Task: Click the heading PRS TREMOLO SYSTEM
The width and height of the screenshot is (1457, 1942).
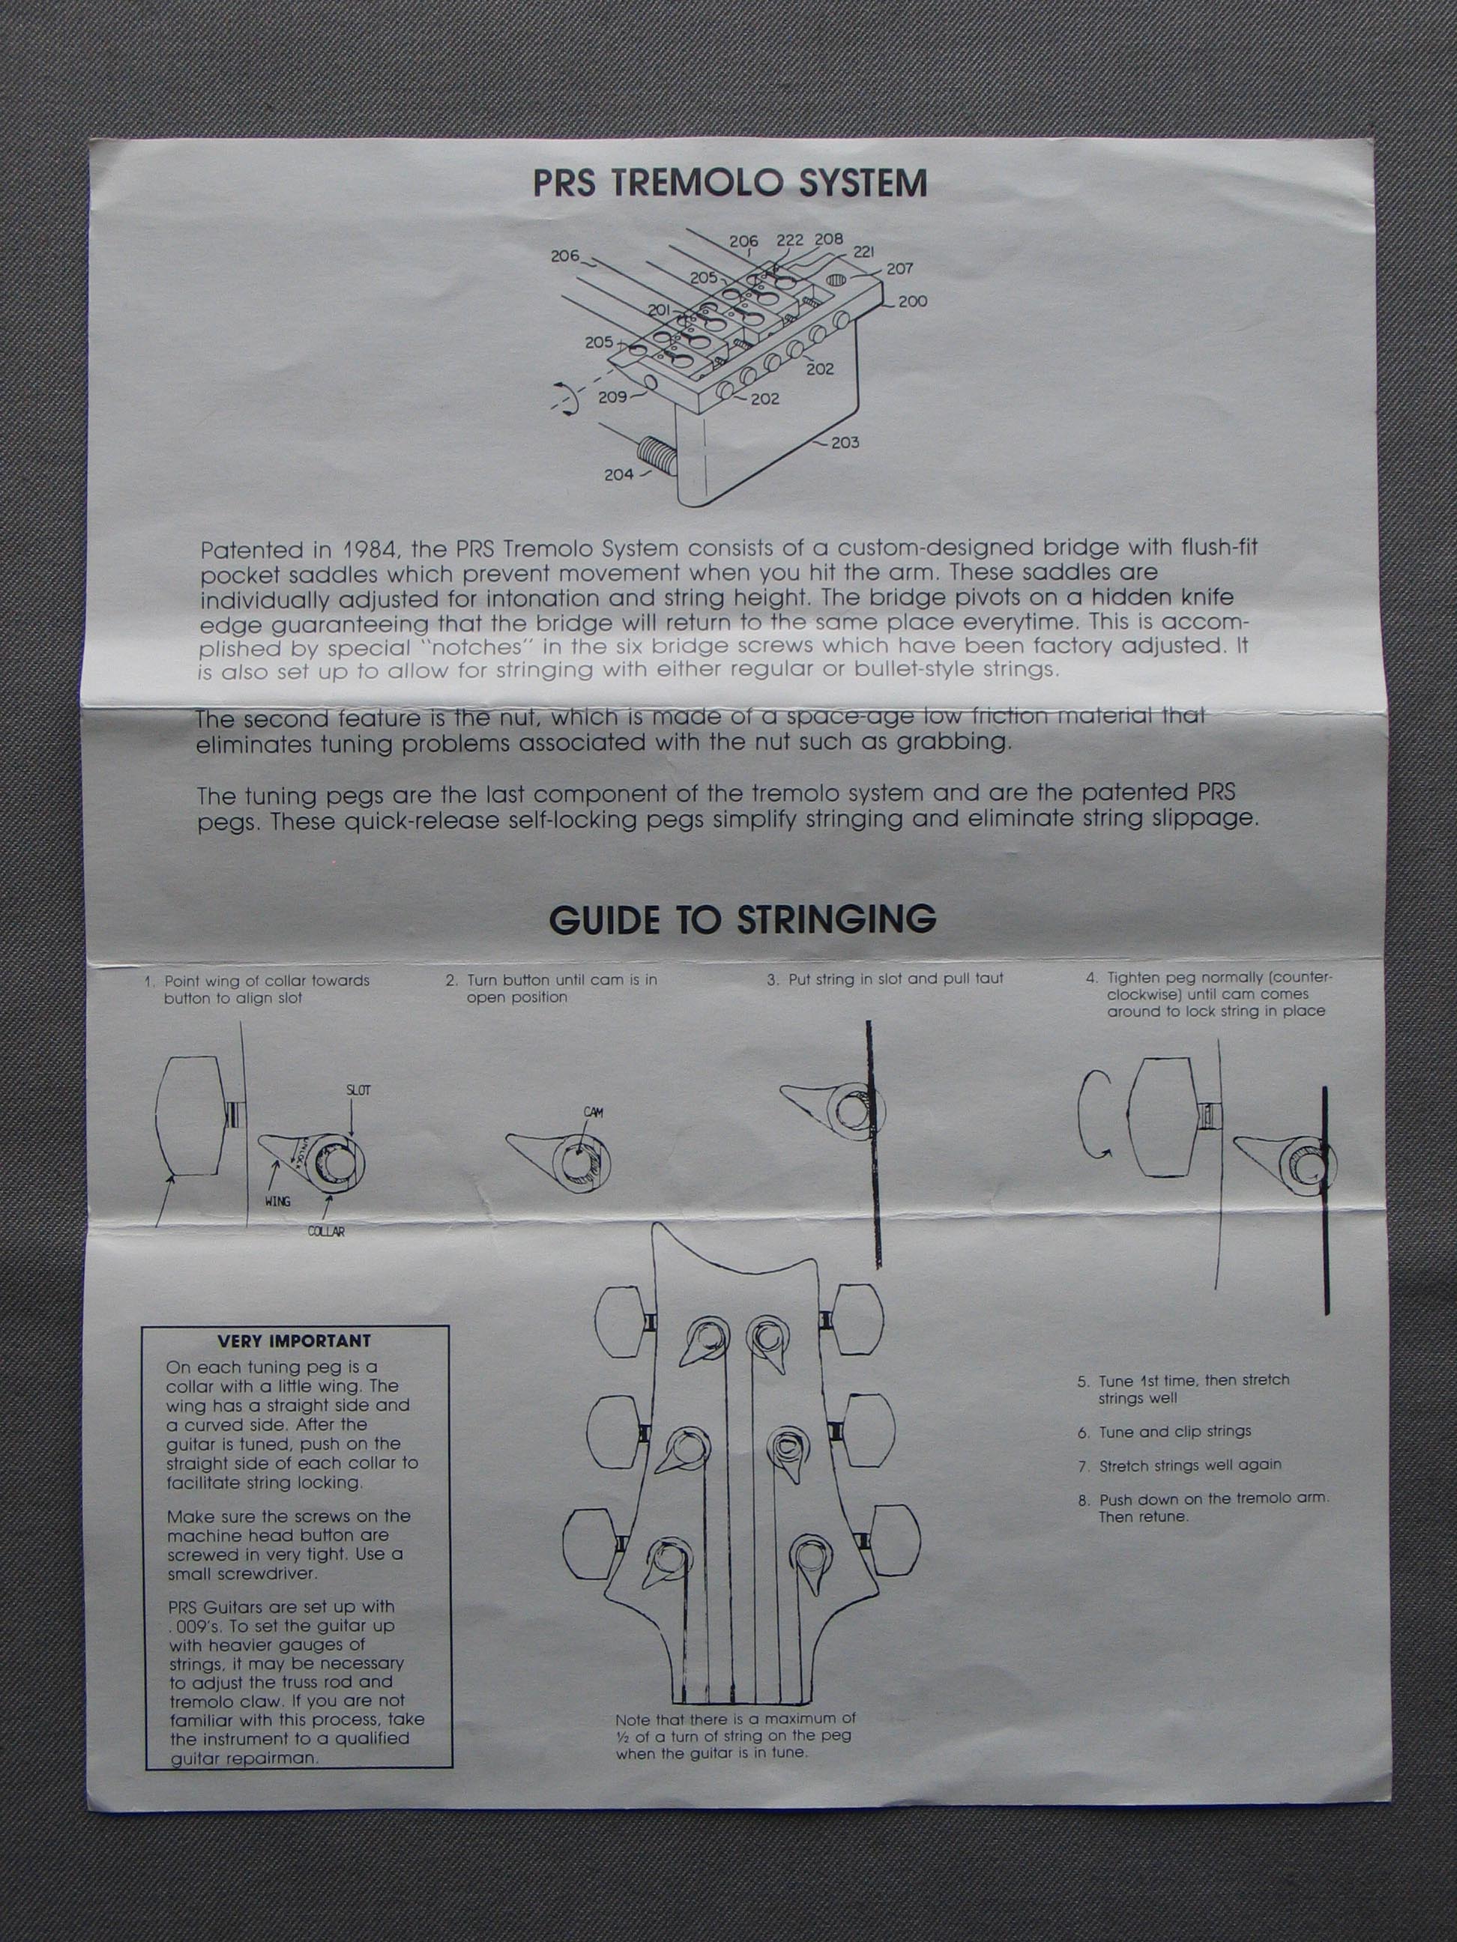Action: pyautogui.click(x=730, y=184)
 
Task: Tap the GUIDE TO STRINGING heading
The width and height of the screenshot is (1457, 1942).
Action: pyautogui.click(x=742, y=919)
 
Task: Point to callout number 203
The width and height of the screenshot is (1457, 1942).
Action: pyautogui.click(x=845, y=443)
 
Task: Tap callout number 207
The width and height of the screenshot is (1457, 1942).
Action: pyautogui.click(x=899, y=269)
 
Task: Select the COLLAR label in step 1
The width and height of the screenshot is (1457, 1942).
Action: pyautogui.click(x=326, y=1232)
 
